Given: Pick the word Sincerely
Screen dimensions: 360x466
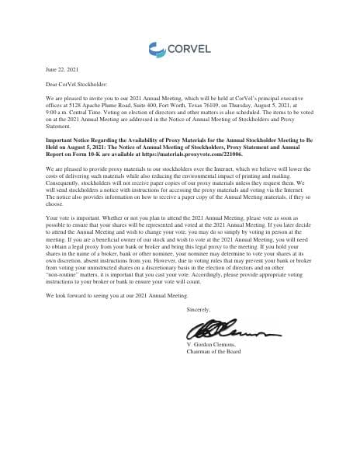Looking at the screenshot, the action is point(199,310).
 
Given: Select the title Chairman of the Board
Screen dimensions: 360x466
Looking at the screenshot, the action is point(215,351).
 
